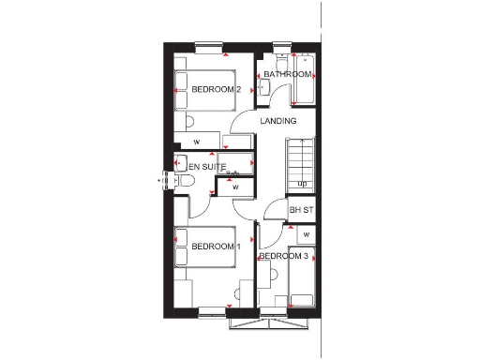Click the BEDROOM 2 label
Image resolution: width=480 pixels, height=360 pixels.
click(x=217, y=89)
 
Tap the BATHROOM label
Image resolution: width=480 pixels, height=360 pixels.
click(x=287, y=74)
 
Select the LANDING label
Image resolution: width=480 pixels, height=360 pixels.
click(x=278, y=121)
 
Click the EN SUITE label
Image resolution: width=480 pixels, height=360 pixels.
click(x=206, y=167)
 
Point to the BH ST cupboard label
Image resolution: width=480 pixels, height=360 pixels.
click(x=301, y=210)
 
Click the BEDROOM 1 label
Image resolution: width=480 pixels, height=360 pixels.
click(x=217, y=247)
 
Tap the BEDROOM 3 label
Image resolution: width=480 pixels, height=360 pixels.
click(x=283, y=256)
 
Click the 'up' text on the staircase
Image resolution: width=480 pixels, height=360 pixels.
click(x=302, y=184)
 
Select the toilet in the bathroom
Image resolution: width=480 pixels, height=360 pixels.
click(x=278, y=63)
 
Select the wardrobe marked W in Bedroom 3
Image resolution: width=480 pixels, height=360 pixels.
click(x=307, y=233)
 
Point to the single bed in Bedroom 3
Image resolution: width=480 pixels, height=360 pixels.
click(x=303, y=277)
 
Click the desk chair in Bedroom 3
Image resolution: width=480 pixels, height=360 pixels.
click(x=273, y=277)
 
